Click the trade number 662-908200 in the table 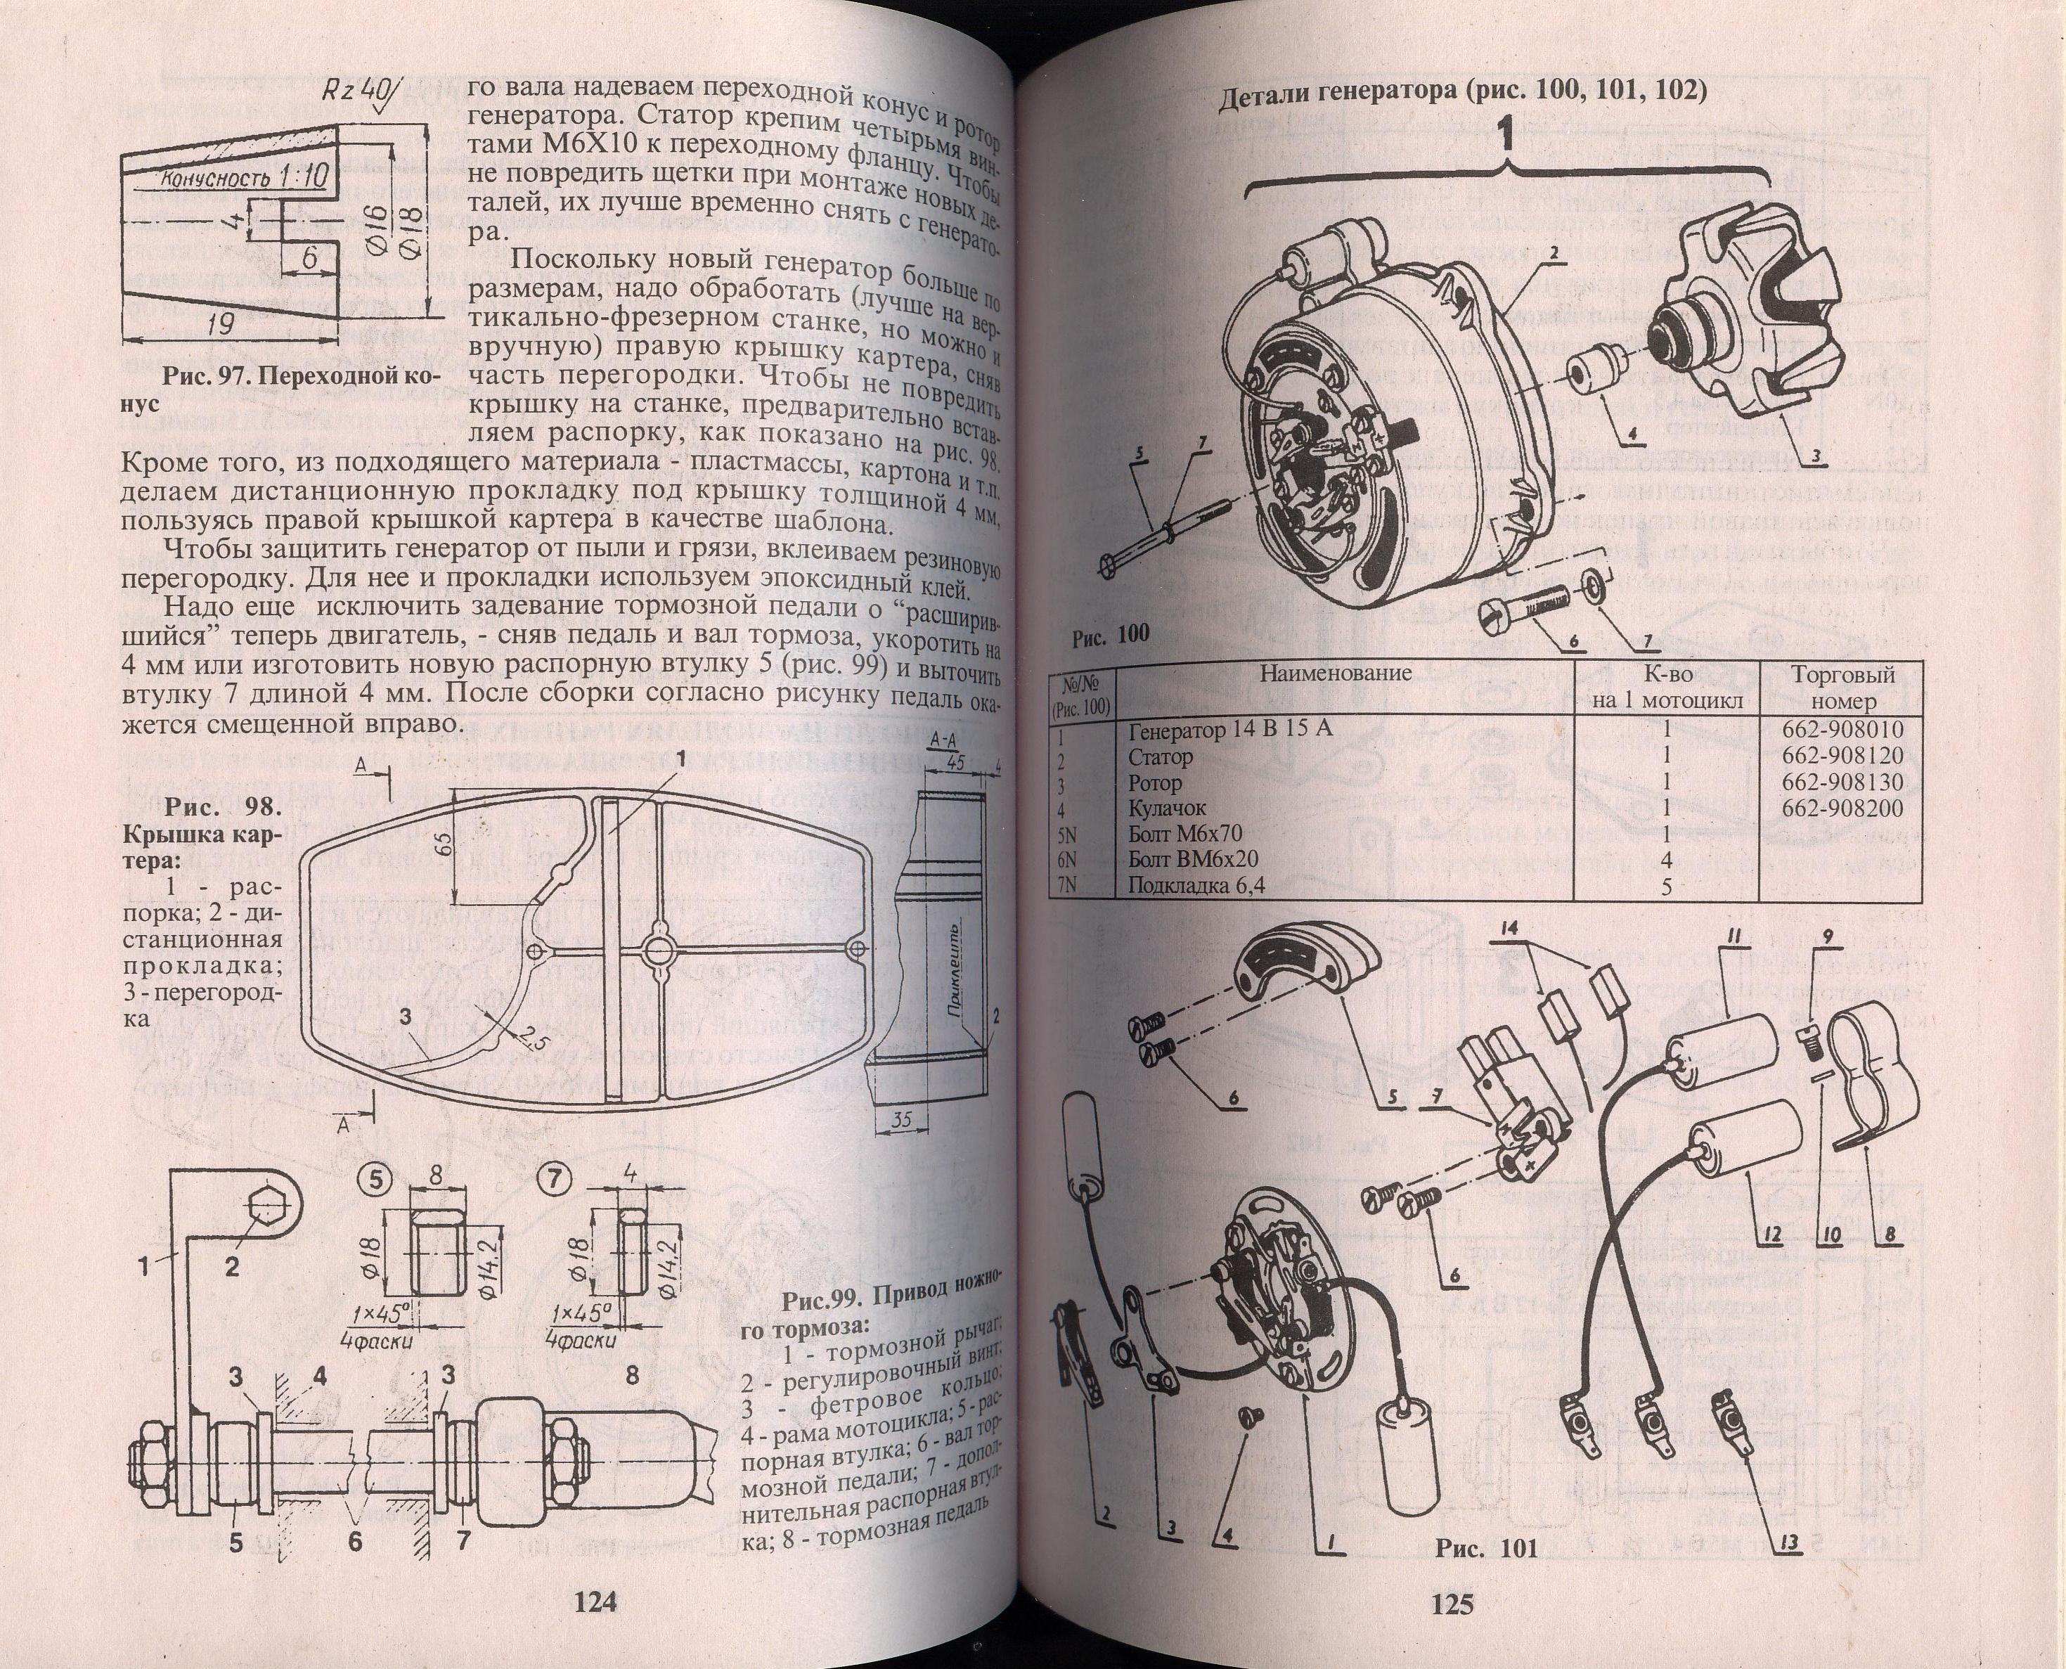[x=1842, y=808]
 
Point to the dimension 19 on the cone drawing [x=221, y=324]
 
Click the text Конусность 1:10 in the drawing [x=243, y=178]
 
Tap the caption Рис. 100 [x=1111, y=636]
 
